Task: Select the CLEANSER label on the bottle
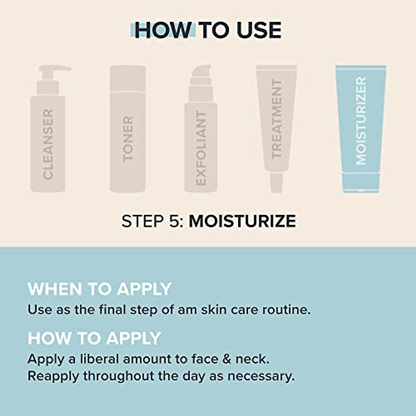(48, 144)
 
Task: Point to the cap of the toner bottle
(128, 78)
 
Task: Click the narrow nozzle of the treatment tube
(277, 183)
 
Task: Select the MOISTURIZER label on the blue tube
(361, 121)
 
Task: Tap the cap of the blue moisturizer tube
(361, 182)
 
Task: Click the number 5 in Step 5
(174, 221)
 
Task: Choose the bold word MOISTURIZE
(242, 221)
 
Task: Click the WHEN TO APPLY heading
(99, 289)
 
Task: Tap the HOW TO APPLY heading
(94, 338)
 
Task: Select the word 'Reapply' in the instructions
(53, 376)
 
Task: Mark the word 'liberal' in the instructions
(99, 359)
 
